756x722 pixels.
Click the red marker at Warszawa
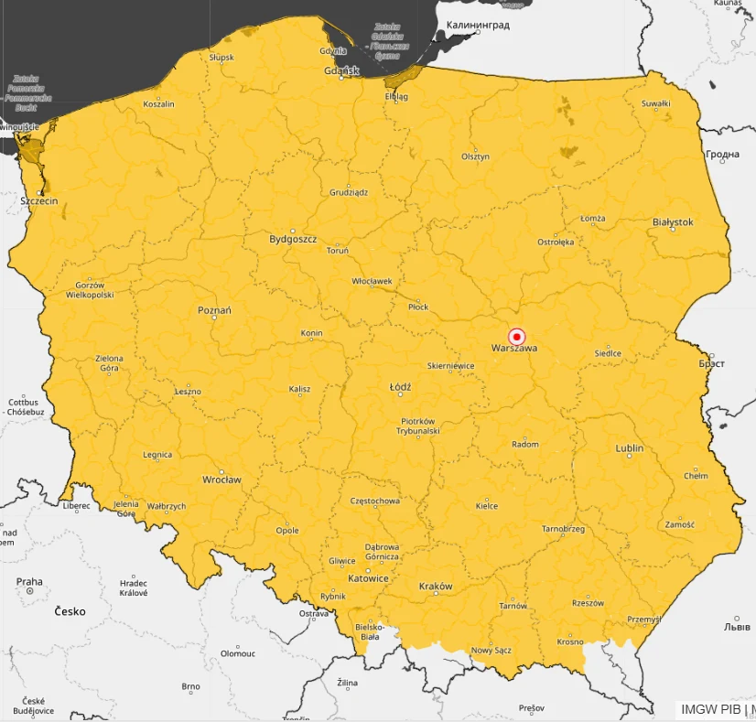(516, 336)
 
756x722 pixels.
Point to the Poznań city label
(214, 310)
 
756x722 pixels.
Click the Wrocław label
(221, 480)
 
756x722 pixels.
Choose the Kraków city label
(435, 586)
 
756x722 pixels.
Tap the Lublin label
(630, 448)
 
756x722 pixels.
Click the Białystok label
(673, 221)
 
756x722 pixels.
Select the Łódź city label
(400, 387)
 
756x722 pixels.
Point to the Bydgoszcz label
(293, 239)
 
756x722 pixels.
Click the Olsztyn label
(475, 156)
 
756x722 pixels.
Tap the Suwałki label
(655, 103)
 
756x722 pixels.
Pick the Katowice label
(368, 578)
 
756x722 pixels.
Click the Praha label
(29, 581)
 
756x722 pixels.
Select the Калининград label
(477, 26)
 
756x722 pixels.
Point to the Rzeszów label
(588, 603)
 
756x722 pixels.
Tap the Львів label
(737, 627)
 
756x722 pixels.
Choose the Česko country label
(70, 610)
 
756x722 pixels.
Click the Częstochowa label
(375, 501)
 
